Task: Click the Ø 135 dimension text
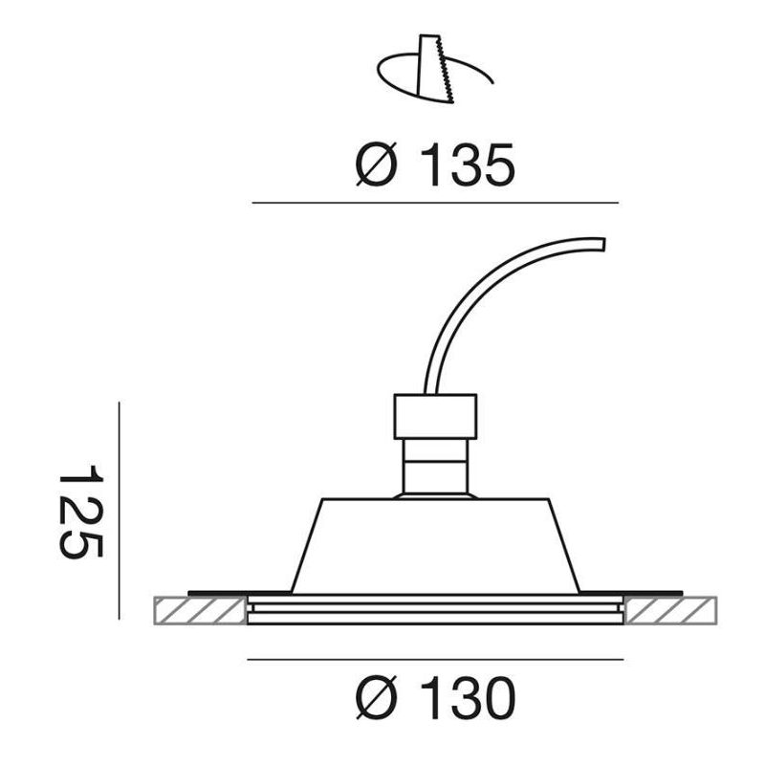435,165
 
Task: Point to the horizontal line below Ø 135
435,203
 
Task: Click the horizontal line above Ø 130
435,659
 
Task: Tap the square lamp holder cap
435,415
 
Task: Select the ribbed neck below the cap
435,467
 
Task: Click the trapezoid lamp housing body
435,545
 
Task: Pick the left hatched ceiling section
199,610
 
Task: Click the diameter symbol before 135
376,166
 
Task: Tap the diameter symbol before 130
376,700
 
